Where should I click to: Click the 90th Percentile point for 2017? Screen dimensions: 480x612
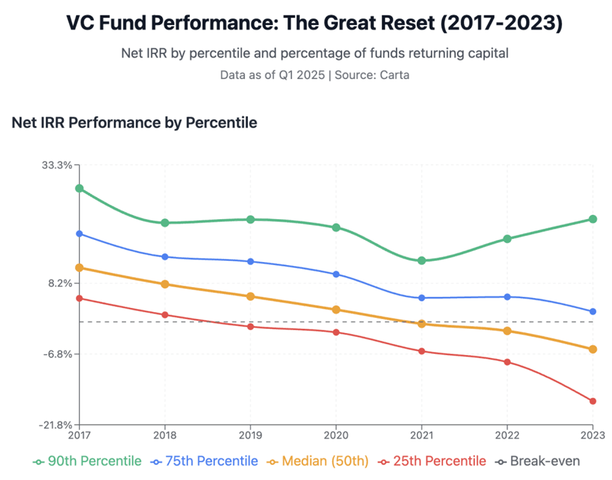pyautogui.click(x=80, y=188)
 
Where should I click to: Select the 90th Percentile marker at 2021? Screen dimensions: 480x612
pyautogui.click(x=422, y=260)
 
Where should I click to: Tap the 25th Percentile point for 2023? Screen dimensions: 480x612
pyautogui.click(x=593, y=401)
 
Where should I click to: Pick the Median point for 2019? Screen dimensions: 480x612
pyautogui.click(x=250, y=297)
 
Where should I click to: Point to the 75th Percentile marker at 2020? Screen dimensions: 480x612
pyautogui.click(x=336, y=274)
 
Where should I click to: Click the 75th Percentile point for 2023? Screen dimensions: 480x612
pyautogui.click(x=593, y=312)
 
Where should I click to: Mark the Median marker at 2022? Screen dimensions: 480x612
pyautogui.click(x=507, y=330)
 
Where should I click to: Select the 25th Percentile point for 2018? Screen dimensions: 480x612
pyautogui.click(x=165, y=315)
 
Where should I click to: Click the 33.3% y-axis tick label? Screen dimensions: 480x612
pyautogui.click(x=58, y=165)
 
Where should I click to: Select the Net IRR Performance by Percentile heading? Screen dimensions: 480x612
pyautogui.click(x=134, y=123)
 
